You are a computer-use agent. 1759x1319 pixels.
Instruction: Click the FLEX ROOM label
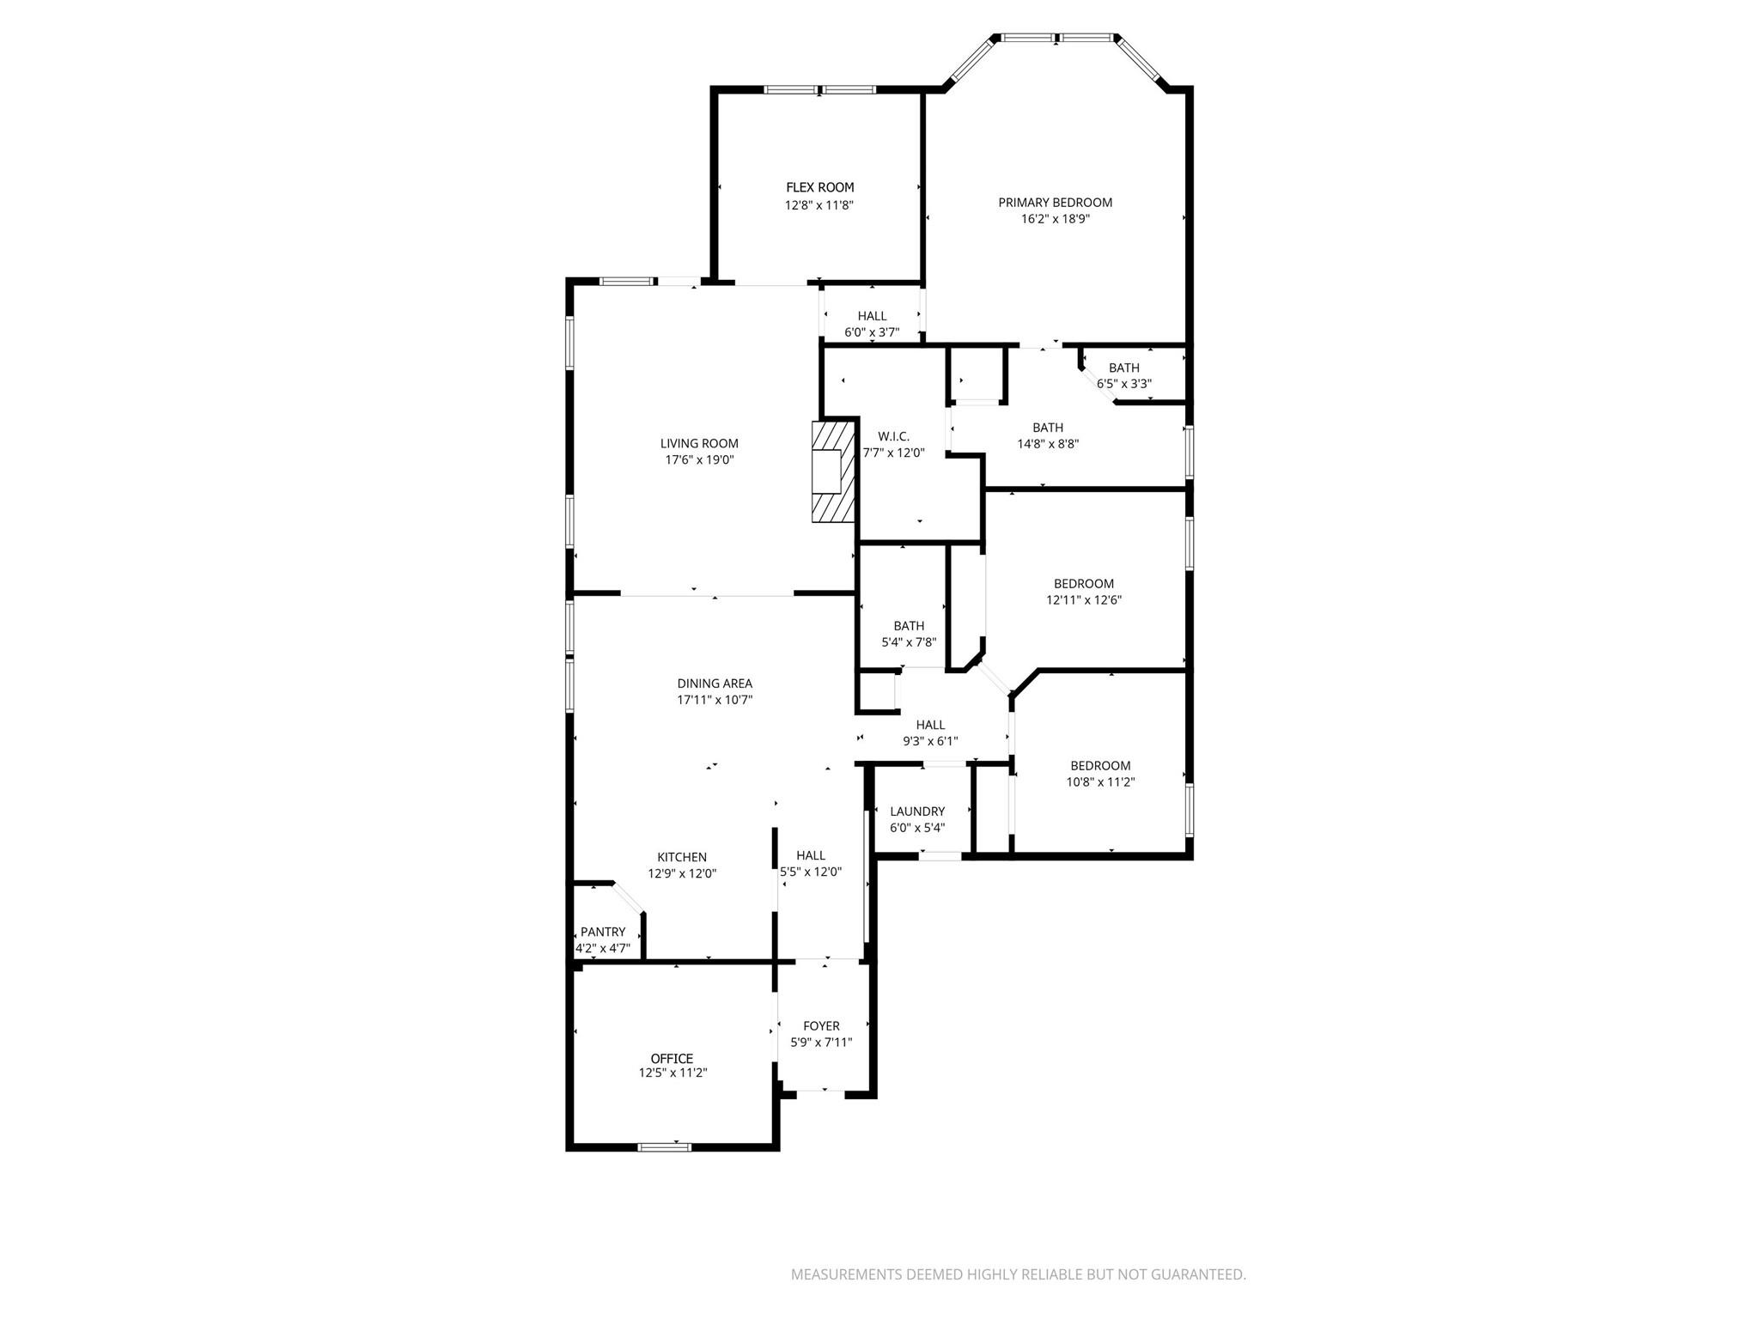pos(819,187)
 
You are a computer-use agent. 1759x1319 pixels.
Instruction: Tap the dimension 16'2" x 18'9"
pos(1055,219)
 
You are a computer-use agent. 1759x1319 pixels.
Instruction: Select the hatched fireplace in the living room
pos(833,471)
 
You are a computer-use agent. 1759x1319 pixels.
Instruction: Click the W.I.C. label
pos(893,436)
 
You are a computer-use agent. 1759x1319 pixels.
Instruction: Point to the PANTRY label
pos(603,932)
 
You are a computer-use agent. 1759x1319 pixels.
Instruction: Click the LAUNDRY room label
pos(917,811)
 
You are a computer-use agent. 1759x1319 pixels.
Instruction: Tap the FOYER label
pos(821,1026)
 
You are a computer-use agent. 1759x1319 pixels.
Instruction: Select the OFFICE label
pos(672,1059)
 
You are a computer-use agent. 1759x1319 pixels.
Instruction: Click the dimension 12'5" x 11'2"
pos(673,1073)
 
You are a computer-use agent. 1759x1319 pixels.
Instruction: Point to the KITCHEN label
pos(682,857)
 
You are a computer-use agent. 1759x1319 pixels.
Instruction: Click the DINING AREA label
pos(715,684)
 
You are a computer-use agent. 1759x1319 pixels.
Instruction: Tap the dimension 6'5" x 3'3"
pos(1123,384)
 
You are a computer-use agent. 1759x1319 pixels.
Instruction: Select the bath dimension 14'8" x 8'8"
pos(1047,444)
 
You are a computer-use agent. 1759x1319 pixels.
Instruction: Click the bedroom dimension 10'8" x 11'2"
pos(1100,782)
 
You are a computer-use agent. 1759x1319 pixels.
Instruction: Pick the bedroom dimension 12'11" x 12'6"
pos(1083,600)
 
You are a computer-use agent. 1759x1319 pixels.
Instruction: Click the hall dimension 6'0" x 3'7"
pos(872,332)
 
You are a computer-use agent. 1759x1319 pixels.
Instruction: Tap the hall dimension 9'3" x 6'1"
pos(930,741)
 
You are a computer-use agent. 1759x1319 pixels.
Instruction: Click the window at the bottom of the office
pos(665,1146)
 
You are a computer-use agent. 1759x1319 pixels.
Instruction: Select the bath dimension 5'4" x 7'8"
pos(909,642)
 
